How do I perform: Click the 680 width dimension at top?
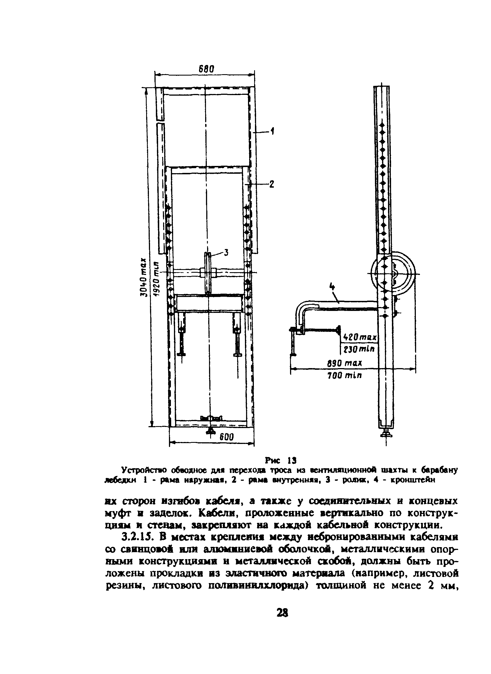206,69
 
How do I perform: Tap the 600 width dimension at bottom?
227,437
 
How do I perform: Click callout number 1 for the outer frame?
272,131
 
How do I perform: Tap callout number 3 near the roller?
226,253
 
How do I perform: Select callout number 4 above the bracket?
332,287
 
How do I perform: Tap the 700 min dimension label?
345,375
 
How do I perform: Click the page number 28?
282,613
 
